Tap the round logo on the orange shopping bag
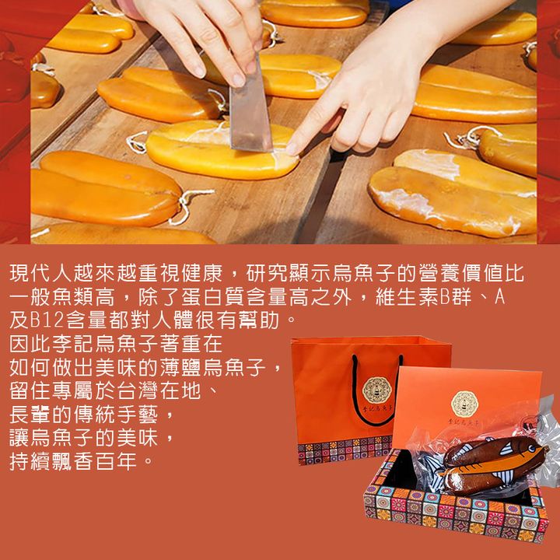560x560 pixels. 376,390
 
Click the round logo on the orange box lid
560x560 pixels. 464,404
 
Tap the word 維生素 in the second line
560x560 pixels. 407,297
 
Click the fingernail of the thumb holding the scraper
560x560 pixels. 237,80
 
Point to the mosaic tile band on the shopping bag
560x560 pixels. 345,450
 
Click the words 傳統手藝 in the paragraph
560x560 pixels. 117,415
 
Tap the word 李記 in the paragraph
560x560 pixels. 74,344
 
